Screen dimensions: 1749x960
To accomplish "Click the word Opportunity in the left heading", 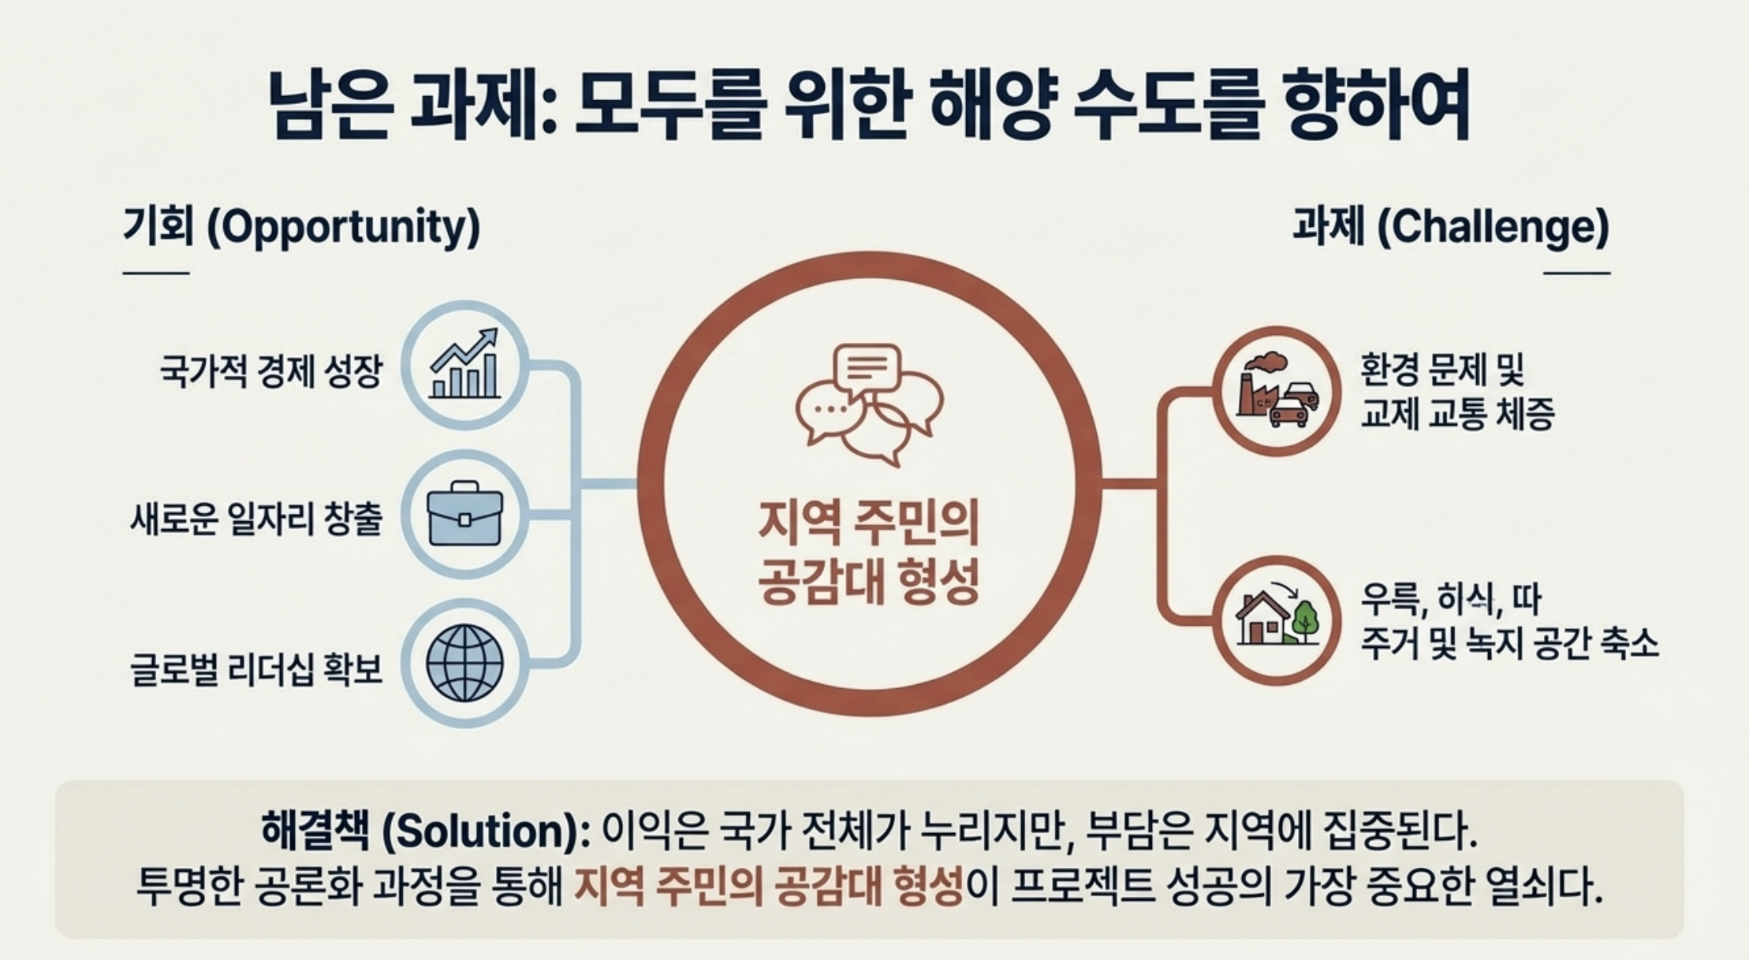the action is [342, 227].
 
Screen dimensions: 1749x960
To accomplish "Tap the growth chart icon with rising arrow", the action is [465, 364].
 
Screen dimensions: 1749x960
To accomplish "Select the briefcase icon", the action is [465, 514].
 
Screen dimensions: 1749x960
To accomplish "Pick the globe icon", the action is [465, 663].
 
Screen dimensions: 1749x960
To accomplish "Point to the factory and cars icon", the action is [1277, 391].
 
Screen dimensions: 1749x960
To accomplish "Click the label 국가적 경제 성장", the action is [270, 371].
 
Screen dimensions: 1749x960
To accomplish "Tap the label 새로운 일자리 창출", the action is [256, 519].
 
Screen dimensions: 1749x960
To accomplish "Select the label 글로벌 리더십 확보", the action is [256, 669].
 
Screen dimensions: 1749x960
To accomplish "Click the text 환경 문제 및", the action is [1442, 369].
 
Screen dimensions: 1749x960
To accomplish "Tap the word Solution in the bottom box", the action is [480, 832].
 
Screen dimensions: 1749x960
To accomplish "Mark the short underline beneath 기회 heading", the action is [155, 273].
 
